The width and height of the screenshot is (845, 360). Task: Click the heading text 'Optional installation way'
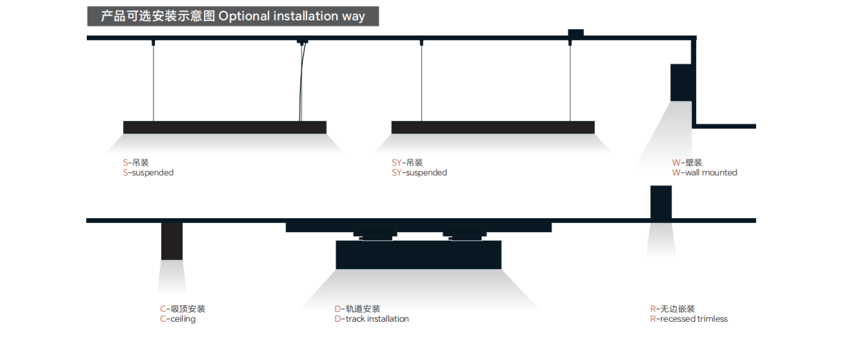tap(291, 16)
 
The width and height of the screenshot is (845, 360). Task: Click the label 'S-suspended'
tap(148, 173)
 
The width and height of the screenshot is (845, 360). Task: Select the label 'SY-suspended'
tap(419, 173)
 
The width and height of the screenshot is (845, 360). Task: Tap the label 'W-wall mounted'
tap(704, 173)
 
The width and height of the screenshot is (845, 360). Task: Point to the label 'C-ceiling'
tap(178, 320)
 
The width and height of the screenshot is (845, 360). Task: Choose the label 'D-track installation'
tap(371, 320)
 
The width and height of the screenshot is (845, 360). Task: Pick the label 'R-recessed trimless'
tap(689, 320)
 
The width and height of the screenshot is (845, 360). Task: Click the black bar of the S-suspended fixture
tap(224, 127)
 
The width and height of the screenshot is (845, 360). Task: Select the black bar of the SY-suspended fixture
tap(493, 127)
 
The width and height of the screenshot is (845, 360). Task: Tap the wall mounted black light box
tap(681, 82)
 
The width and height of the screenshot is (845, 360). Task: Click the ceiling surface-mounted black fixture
tap(172, 241)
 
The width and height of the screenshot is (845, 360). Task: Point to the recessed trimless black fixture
tap(661, 202)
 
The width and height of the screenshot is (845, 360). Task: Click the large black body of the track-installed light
tap(418, 255)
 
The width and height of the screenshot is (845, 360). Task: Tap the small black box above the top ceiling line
tap(575, 33)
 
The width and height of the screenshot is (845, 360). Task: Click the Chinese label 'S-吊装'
tap(136, 163)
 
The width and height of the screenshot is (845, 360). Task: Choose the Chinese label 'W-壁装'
tap(687, 163)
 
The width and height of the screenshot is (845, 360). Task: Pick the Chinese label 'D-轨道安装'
tap(357, 309)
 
